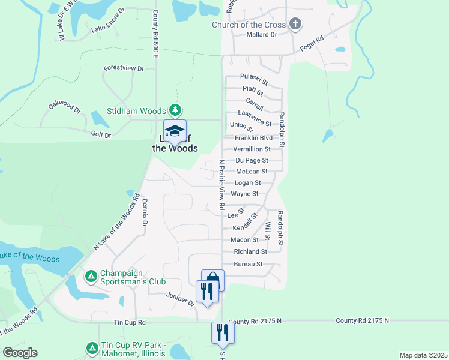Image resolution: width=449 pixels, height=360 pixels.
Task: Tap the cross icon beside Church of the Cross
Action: pyautogui.click(x=294, y=25)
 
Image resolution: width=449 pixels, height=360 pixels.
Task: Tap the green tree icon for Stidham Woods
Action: pyautogui.click(x=175, y=110)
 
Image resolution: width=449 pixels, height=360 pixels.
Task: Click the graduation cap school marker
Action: pyautogui.click(x=175, y=131)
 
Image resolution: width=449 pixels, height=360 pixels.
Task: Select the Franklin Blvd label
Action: pyautogui.click(x=253, y=137)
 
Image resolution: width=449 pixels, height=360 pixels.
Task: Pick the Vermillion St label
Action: pyautogui.click(x=252, y=149)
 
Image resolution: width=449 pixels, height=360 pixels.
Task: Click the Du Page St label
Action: pyautogui.click(x=252, y=160)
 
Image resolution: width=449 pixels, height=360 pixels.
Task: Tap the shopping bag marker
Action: pyautogui.click(x=212, y=280)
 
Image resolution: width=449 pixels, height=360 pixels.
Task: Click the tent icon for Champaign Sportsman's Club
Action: pyautogui.click(x=91, y=276)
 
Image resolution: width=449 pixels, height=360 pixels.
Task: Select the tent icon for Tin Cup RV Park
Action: pyautogui.click(x=92, y=347)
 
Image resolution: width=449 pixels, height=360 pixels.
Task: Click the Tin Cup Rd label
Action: pyautogui.click(x=130, y=322)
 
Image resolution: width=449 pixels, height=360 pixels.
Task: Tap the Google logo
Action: pyautogui.click(x=19, y=352)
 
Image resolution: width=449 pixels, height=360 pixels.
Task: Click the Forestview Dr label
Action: pyautogui.click(x=124, y=68)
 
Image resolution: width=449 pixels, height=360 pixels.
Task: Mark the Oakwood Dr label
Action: pyautogui.click(x=64, y=108)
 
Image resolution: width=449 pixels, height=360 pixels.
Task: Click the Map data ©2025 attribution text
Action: pyautogui.click(x=423, y=355)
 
